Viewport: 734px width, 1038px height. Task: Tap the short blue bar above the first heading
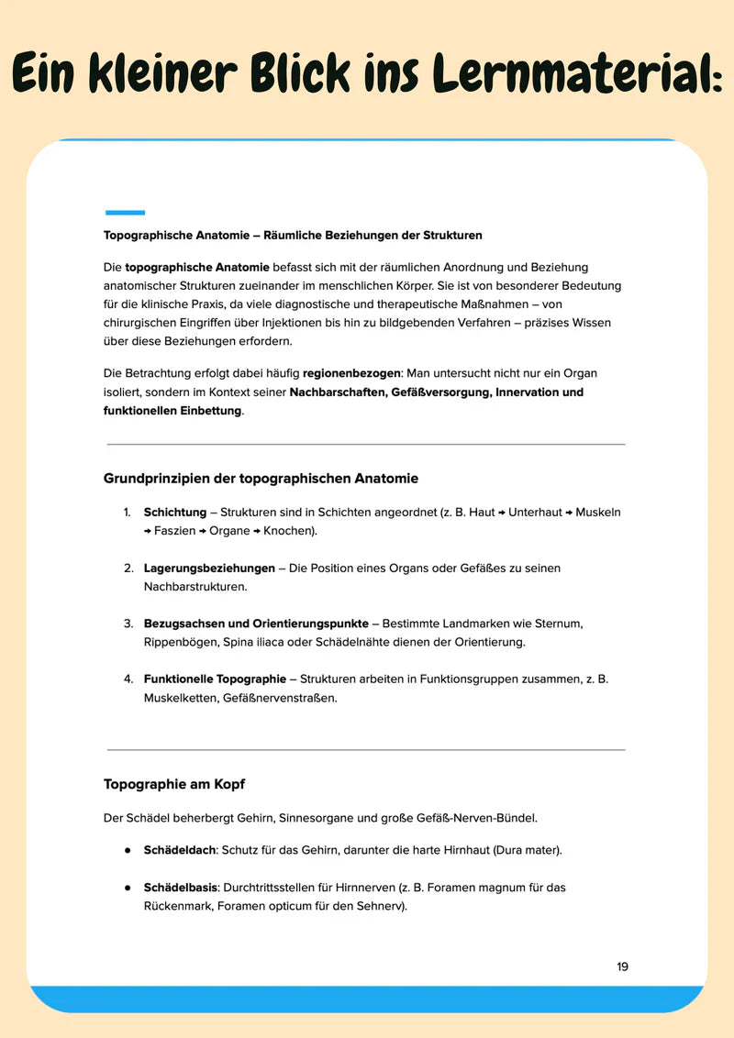pos(125,212)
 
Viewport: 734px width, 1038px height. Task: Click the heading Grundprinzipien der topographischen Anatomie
pos(261,479)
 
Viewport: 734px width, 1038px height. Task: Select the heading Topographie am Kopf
pos(174,784)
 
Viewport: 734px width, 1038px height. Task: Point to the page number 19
pos(622,966)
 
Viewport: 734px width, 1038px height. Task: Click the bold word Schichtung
pos(175,512)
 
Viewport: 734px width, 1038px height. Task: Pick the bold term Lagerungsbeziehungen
pos(209,568)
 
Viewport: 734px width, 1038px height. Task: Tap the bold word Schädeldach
pos(179,850)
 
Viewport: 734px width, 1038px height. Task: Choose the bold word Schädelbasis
pos(180,888)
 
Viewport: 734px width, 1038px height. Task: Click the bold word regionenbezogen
pos(351,373)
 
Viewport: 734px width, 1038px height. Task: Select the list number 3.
pos(128,624)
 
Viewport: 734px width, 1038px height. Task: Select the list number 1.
pos(128,512)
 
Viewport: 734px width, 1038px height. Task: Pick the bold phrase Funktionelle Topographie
pos(215,679)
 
